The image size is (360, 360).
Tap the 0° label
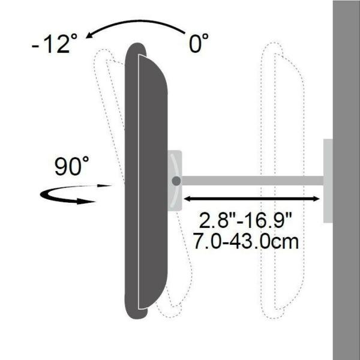197,43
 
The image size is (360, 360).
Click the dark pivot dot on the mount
175,180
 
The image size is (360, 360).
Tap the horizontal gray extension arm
252,180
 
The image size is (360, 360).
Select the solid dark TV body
144,180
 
